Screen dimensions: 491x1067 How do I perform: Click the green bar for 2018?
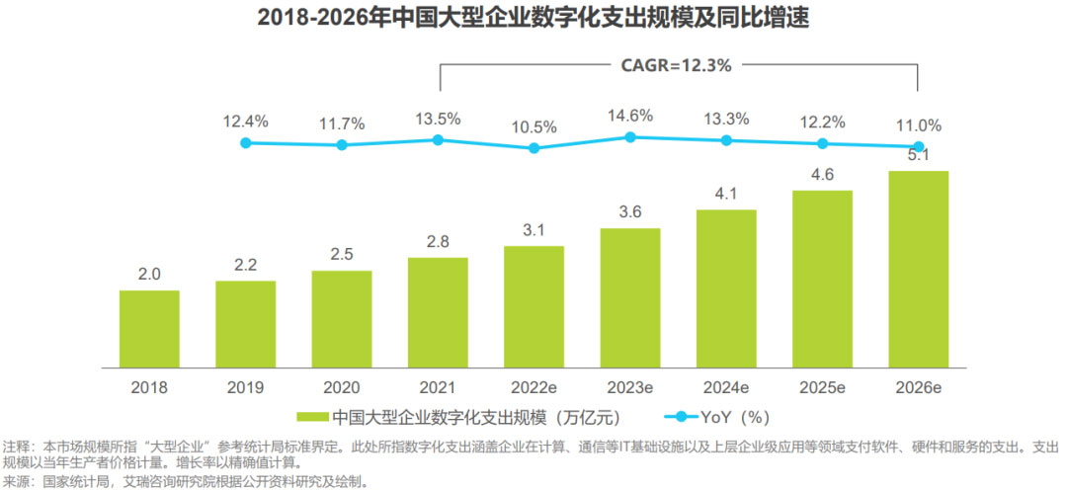point(149,326)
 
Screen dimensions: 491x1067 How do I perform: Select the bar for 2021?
point(438,309)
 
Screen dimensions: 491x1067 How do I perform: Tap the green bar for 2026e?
point(919,267)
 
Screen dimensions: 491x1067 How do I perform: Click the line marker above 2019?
point(246,143)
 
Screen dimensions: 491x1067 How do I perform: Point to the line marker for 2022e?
point(534,148)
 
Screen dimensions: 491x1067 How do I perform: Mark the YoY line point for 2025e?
point(822,143)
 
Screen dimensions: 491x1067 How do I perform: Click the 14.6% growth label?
point(630,116)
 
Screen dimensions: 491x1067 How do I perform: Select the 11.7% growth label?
point(342,123)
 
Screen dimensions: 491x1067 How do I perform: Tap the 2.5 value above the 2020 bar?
point(342,255)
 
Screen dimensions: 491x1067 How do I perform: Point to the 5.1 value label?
point(919,155)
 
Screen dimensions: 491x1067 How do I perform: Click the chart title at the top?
point(533,18)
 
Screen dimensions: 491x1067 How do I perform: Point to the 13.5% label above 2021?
point(438,120)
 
